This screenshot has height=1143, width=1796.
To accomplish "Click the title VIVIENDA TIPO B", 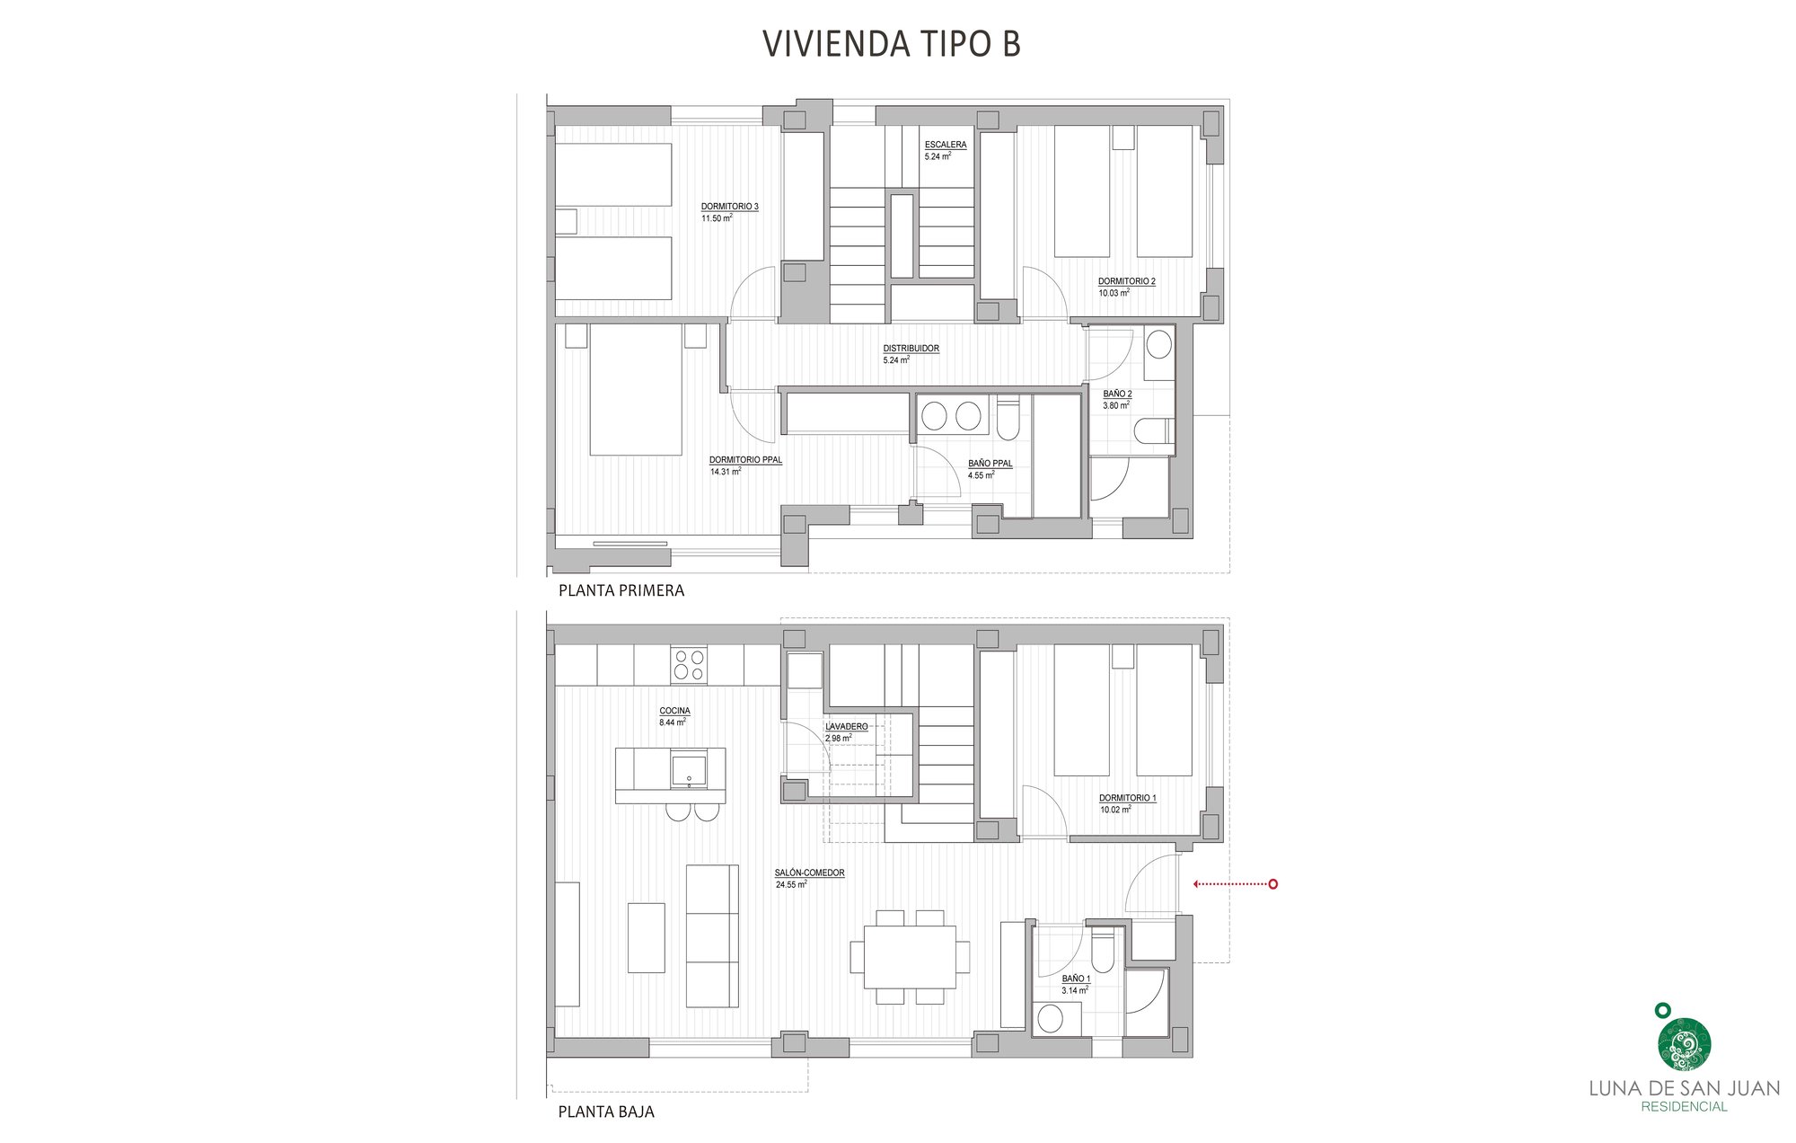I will [x=891, y=43].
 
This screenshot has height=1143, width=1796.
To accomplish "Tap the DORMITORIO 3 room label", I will [x=729, y=207].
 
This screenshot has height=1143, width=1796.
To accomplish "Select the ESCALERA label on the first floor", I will [x=946, y=145].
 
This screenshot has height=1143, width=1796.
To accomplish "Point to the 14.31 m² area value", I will [x=725, y=472].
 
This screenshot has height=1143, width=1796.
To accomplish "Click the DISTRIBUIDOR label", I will [x=911, y=349].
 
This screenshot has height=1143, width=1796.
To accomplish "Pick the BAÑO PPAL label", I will [x=990, y=464].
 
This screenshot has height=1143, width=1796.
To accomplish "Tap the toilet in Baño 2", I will [x=1153, y=432].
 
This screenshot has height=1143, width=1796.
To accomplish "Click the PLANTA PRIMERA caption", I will [x=621, y=590].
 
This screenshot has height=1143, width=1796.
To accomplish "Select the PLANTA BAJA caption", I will [x=606, y=1112].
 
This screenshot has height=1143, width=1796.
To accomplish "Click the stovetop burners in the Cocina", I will [x=688, y=665].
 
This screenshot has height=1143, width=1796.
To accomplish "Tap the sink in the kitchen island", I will [x=689, y=769].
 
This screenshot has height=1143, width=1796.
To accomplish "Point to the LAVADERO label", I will [x=846, y=726].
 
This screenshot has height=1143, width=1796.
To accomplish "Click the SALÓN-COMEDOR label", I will [x=809, y=873].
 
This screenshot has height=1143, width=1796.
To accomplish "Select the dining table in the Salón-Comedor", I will [x=910, y=956].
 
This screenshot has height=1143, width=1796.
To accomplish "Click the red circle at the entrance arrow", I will [x=1272, y=884].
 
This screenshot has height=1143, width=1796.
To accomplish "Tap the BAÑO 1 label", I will [x=1076, y=979].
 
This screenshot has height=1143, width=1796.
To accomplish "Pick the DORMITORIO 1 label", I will [x=1127, y=798].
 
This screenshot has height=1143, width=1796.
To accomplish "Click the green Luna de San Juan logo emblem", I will [x=1683, y=1044].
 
